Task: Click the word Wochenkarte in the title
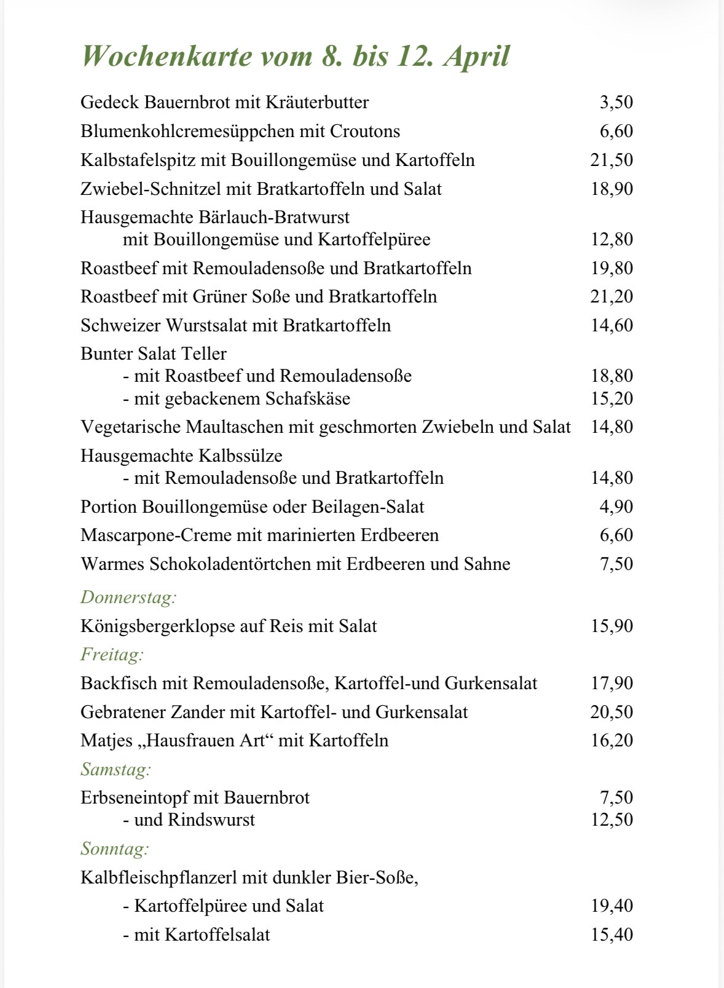(167, 57)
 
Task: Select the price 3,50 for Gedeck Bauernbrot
(616, 102)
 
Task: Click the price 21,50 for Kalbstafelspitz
(612, 160)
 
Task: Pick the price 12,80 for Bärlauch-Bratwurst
(612, 239)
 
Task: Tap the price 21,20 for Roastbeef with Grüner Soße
(612, 296)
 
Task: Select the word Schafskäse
(307, 398)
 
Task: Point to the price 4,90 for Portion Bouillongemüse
(616, 507)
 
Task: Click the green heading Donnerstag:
(128, 597)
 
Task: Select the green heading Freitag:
(112, 654)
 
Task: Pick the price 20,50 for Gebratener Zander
(612, 712)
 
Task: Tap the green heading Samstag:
(116, 769)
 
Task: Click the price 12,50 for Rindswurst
(612, 820)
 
